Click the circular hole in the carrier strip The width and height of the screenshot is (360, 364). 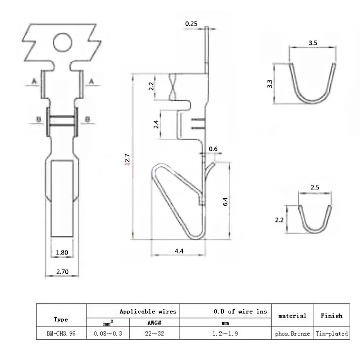pyautogui.click(x=63, y=42)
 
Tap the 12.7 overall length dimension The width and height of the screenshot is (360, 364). pyautogui.click(x=127, y=159)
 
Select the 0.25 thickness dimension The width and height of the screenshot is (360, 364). pyautogui.click(x=191, y=24)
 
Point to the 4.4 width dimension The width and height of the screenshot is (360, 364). pyautogui.click(x=179, y=251)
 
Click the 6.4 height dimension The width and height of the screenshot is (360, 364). pyautogui.click(x=225, y=202)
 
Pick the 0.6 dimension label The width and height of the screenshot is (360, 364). pyautogui.click(x=213, y=149)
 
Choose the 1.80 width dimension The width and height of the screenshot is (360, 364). pyautogui.click(x=62, y=253)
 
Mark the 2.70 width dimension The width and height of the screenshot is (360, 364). pyautogui.click(x=62, y=272)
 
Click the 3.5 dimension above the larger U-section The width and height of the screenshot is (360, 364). pyautogui.click(x=313, y=43)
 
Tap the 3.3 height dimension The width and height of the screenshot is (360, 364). pyautogui.click(x=270, y=84)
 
